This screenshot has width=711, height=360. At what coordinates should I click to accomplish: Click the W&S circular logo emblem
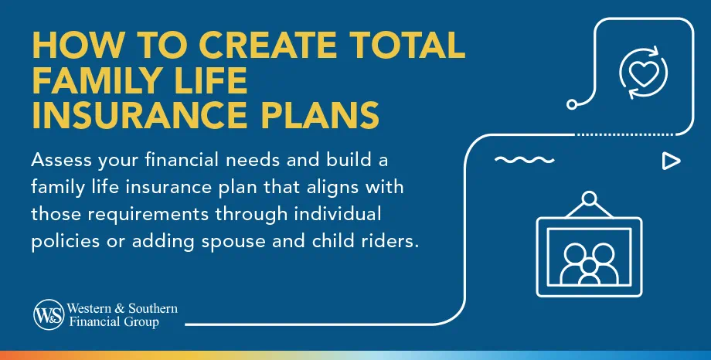(x=48, y=315)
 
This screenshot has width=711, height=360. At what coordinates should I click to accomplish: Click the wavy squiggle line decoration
(x=515, y=161)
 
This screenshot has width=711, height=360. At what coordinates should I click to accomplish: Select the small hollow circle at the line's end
(x=572, y=103)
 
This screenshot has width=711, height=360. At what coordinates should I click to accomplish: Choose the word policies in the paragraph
(x=66, y=240)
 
